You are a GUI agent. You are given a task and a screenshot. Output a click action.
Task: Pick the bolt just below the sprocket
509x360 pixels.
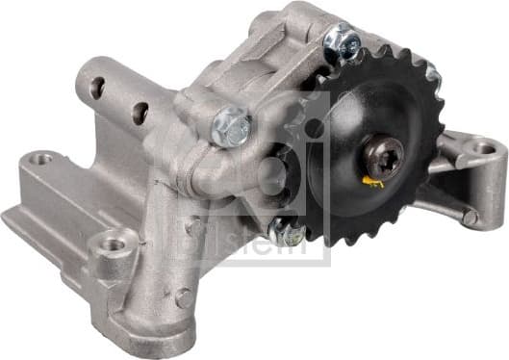[x=286, y=230]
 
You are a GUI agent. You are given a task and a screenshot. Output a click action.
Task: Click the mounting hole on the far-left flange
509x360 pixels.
[x=40, y=157]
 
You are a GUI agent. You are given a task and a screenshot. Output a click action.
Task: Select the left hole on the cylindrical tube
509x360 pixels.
[x=97, y=87]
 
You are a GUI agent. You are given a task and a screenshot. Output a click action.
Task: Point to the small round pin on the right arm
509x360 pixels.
[x=469, y=217]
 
